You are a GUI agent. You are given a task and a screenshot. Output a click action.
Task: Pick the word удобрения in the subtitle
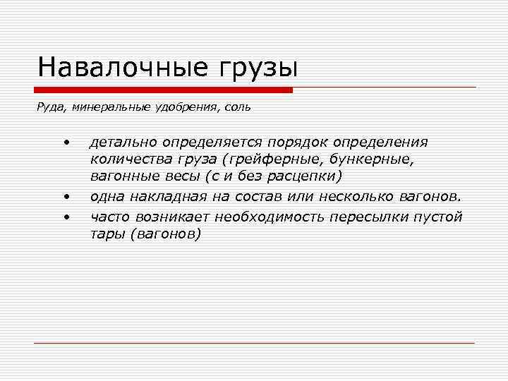pos(179,108)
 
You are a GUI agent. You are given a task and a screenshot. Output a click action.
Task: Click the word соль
pos(236,108)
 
